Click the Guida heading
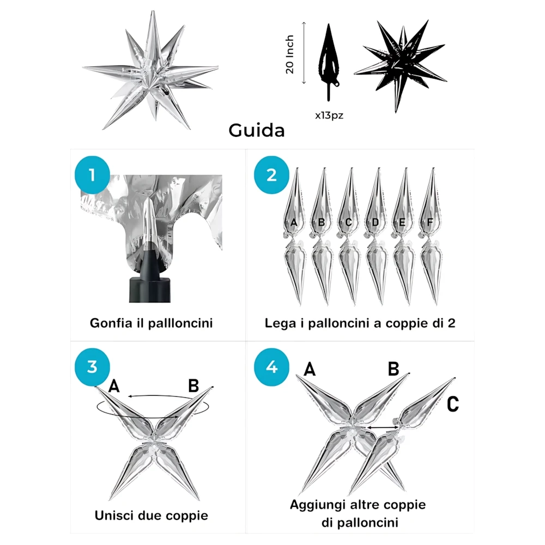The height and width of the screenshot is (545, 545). [x=256, y=131]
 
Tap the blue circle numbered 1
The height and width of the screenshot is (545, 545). [x=91, y=175]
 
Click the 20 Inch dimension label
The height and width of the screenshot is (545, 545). [x=290, y=54]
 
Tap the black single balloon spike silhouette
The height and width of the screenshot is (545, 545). [x=329, y=60]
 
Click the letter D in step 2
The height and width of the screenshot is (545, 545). [x=376, y=222]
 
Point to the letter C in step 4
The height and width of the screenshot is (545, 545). [x=452, y=404]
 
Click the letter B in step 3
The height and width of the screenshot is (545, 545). [x=193, y=386]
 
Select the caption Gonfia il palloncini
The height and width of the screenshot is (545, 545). [x=151, y=323]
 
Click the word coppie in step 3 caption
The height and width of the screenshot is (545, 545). [x=181, y=515]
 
